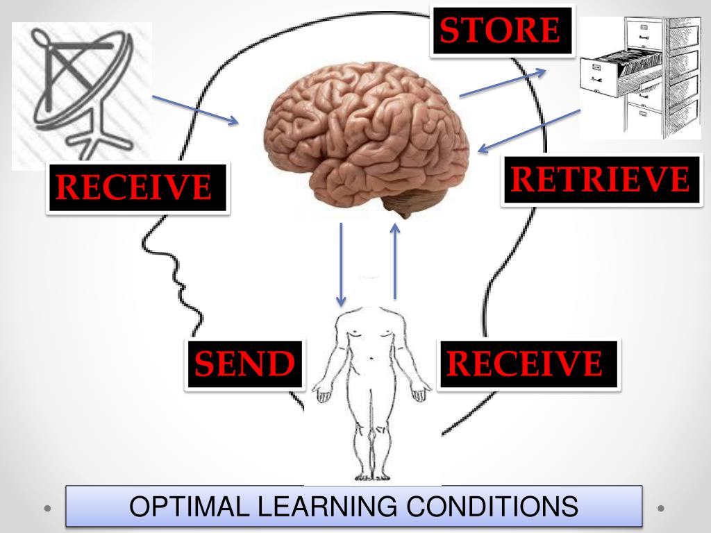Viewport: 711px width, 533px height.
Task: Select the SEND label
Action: coord(244,364)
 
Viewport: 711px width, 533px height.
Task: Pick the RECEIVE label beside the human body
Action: coord(526,364)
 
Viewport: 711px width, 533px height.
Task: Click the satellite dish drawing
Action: coord(82,94)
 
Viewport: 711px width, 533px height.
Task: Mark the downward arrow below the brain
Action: coord(341,264)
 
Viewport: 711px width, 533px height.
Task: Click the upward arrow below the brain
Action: coord(396,260)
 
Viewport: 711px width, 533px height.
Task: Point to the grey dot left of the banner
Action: coord(48,508)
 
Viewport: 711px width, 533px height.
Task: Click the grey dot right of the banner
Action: coord(661,508)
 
